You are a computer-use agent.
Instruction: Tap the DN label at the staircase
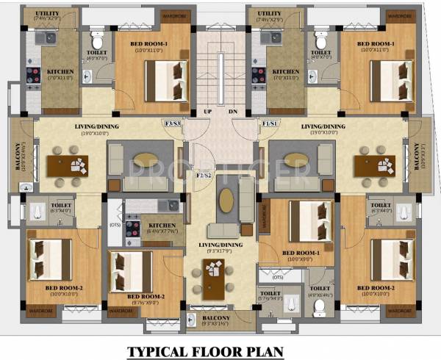233,112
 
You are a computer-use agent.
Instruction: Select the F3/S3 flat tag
173,123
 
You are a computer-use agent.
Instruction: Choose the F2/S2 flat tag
204,175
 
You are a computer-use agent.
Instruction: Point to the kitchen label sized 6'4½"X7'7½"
162,228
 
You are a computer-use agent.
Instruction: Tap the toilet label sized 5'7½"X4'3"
270,295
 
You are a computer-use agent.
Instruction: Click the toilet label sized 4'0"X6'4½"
318,292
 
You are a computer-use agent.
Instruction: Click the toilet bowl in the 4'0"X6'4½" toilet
319,308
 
